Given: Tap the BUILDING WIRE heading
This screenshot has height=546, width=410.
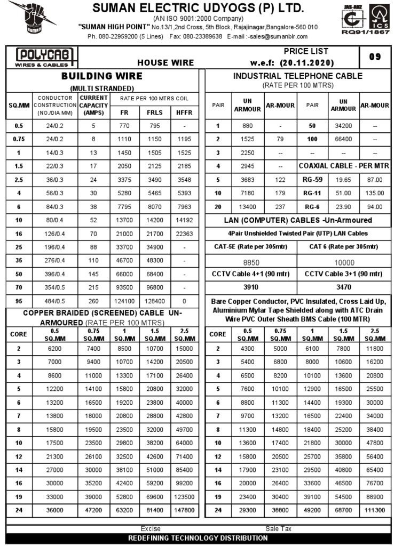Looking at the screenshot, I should click(x=101, y=76).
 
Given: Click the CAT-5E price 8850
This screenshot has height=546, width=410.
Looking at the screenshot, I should click(x=251, y=262).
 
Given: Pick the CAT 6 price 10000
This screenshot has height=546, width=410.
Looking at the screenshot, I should click(x=344, y=262).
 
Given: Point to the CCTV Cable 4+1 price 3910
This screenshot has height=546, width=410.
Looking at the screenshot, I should click(x=251, y=287).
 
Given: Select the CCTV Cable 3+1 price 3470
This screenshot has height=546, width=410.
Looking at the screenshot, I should click(x=344, y=287).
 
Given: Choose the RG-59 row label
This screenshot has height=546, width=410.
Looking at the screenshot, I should click(x=312, y=180).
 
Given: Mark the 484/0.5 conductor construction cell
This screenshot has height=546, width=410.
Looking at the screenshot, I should click(x=59, y=301).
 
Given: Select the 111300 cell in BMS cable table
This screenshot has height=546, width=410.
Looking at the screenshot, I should click(x=374, y=510).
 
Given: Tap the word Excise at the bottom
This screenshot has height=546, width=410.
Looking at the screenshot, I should click(x=151, y=529).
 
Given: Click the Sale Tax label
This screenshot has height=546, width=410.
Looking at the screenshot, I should click(x=279, y=529).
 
